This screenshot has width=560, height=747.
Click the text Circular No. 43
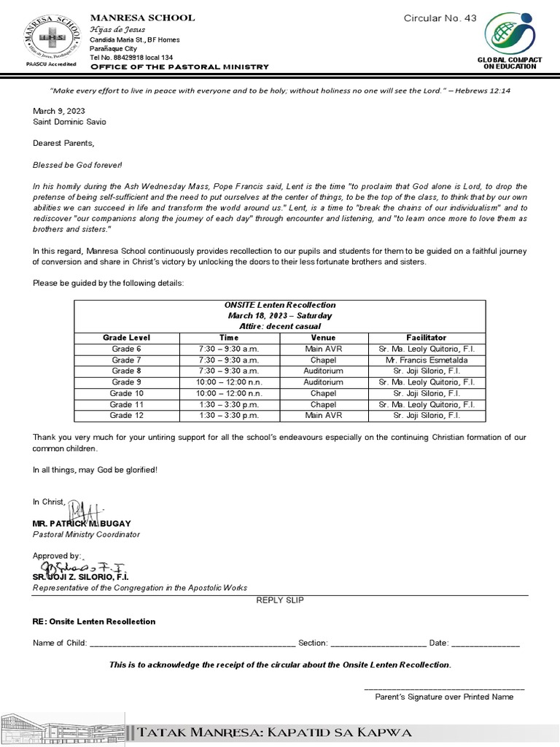[440, 18]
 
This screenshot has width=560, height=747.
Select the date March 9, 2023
[59, 110]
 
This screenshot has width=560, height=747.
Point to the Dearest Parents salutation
[63, 142]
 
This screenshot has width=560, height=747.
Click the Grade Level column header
[126, 338]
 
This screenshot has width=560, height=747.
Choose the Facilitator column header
[427, 338]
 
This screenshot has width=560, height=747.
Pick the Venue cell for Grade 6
[323, 349]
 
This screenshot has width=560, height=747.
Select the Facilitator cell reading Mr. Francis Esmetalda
[427, 360]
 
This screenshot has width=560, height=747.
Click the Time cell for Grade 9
[229, 382]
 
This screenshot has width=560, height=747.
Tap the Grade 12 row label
[126, 415]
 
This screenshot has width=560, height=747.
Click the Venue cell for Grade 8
[323, 371]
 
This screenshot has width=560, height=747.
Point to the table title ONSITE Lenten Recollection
[280, 305]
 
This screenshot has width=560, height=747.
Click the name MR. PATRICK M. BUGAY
[81, 524]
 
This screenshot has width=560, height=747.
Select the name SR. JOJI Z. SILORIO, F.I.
[80, 576]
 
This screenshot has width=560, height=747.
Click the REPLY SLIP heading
[280, 600]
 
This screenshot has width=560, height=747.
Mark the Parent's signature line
[443, 687]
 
